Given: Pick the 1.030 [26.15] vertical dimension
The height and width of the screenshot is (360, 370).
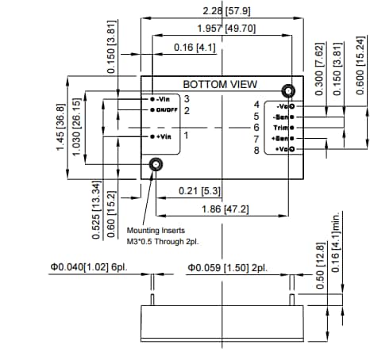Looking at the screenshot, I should pyautogui.click(x=77, y=127).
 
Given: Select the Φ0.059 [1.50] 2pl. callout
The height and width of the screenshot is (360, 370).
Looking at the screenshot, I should pyautogui.click(x=227, y=268).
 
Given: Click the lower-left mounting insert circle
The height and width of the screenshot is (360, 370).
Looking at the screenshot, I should pyautogui.click(x=156, y=164).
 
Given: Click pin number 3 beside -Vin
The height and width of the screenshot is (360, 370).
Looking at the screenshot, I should pyautogui.click(x=186, y=99).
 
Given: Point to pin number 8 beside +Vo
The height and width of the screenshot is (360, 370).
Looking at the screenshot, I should pyautogui.click(x=256, y=150).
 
